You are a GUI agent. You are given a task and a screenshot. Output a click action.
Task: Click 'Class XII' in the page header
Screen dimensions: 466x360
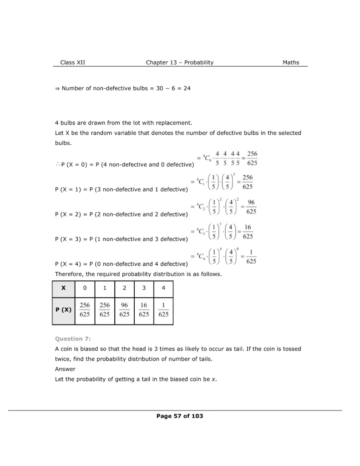pyautogui.click(x=72, y=62)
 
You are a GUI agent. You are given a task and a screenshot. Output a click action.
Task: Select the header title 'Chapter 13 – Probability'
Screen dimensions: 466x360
pyautogui.click(x=179, y=62)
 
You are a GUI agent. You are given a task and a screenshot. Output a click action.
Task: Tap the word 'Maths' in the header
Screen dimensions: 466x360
pyautogui.click(x=291, y=62)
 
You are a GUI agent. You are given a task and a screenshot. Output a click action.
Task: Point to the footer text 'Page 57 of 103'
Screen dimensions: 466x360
pyautogui.click(x=179, y=416)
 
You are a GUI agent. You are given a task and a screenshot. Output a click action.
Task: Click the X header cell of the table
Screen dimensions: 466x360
pyautogui.click(x=64, y=288)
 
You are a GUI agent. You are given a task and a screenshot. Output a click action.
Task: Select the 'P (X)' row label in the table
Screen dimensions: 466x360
pyautogui.click(x=64, y=310)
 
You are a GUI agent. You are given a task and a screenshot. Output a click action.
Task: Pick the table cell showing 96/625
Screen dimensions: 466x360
pyautogui.click(x=124, y=309)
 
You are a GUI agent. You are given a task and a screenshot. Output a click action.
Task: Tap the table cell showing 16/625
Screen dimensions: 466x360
pyautogui.click(x=144, y=309)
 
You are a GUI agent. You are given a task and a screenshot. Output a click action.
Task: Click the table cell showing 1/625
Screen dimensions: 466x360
pyautogui.click(x=163, y=309)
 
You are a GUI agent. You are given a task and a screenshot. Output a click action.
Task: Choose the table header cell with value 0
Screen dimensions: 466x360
pyautogui.click(x=85, y=288)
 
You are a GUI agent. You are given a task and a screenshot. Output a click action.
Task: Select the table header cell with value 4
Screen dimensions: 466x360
pyautogui.click(x=163, y=288)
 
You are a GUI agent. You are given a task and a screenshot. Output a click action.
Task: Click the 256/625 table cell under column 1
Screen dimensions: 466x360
pyautogui.click(x=105, y=309)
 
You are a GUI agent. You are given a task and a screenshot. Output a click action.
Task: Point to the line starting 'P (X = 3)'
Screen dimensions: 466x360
pyautogui.click(x=121, y=239)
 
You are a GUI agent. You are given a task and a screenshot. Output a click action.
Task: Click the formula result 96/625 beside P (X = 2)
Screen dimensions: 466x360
pyautogui.click(x=251, y=207)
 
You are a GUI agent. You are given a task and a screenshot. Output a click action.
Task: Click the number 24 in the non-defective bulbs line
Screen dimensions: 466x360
pyautogui.click(x=187, y=88)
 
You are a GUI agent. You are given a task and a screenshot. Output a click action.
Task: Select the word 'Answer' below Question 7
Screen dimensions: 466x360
pyautogui.click(x=65, y=369)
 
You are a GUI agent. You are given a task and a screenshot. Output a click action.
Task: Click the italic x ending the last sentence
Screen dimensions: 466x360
pyautogui.click(x=214, y=379)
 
